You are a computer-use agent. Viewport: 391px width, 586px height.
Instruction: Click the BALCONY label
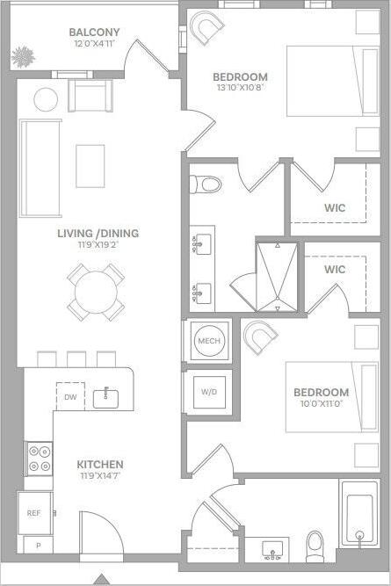point(95,33)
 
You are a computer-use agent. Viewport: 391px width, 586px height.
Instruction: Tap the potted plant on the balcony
point(22,56)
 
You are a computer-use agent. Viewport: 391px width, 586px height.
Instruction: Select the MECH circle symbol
point(208,341)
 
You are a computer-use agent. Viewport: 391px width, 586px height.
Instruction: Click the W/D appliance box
point(208,392)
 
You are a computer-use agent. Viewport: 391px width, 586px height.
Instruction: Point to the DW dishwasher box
point(70,397)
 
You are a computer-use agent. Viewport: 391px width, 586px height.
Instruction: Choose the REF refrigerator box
point(34,513)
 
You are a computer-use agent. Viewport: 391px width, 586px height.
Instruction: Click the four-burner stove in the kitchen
point(39,457)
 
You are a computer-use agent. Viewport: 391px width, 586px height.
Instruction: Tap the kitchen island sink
point(106,396)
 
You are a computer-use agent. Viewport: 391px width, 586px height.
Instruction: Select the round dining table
point(96,292)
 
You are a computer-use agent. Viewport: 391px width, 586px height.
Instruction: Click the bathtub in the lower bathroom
point(361,518)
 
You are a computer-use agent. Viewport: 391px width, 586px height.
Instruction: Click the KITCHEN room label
point(99,464)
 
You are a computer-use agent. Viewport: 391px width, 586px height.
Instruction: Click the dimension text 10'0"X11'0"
point(321,405)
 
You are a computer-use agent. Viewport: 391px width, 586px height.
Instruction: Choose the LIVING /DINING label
point(98,234)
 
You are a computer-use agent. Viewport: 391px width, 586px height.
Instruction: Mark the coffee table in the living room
point(90,166)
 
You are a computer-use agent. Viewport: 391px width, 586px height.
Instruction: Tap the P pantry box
point(38,546)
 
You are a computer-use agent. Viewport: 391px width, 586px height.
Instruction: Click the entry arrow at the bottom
point(102,579)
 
